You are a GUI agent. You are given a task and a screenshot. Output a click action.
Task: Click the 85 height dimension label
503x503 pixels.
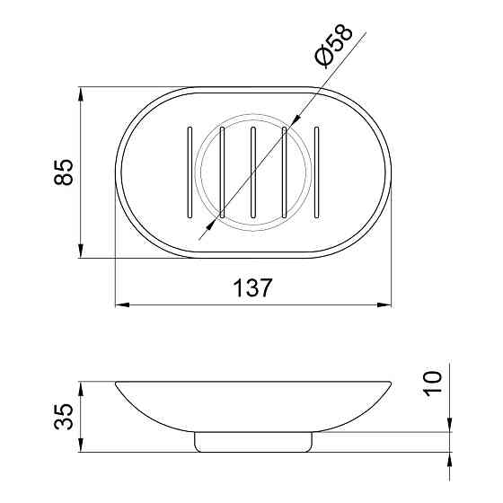[63, 172]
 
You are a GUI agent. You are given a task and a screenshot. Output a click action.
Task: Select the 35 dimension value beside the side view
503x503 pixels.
[63, 417]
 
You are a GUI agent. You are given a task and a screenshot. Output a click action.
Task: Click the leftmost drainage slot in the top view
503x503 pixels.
[190, 172]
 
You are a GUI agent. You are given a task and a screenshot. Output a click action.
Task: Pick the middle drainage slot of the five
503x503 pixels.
[253, 172]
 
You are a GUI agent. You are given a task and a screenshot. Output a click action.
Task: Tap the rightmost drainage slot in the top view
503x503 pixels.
[316, 172]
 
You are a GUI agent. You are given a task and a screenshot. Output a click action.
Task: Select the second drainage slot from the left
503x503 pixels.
[221, 172]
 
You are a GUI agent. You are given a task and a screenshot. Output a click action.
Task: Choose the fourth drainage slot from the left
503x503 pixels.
[285, 172]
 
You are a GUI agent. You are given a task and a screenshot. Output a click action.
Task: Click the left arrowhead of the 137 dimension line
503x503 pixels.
[121, 305]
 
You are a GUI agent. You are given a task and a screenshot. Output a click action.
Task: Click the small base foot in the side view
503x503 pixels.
[253, 440]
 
